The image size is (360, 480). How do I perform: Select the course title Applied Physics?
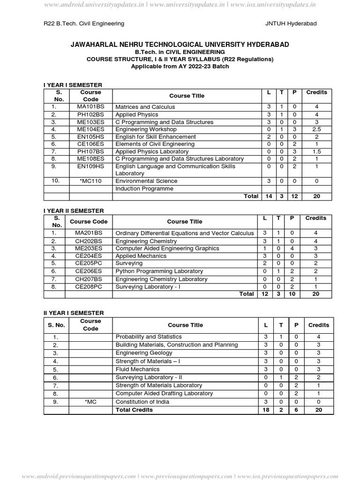tap(137, 114)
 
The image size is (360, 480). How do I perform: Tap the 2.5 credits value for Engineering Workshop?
tap(316, 129)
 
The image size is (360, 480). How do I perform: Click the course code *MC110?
tap(90, 181)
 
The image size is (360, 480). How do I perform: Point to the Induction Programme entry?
tap(144, 189)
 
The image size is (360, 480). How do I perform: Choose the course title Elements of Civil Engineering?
tap(155, 144)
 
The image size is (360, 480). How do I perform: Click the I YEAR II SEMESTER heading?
tap(74, 211)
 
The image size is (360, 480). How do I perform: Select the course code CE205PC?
tap(89, 263)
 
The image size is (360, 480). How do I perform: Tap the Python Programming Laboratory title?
tap(159, 271)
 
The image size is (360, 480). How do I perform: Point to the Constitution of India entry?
tap(142, 402)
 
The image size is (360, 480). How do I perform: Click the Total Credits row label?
tap(134, 410)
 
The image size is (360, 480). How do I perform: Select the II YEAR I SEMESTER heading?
tap(74, 313)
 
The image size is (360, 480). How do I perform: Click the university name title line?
tap(180, 45)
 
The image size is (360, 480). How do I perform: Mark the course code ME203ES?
tap(89, 248)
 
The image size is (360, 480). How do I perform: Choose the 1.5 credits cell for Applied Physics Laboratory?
tap(316, 151)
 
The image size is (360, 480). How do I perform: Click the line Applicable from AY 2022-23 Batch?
tap(180, 67)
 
